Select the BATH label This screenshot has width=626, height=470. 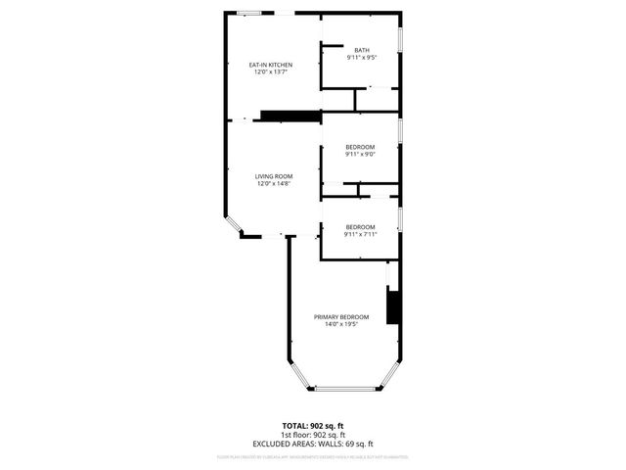coord(362,51)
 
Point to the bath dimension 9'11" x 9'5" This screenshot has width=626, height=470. coord(362,58)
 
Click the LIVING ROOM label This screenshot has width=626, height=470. coord(274,176)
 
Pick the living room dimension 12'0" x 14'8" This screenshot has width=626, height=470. coord(274,183)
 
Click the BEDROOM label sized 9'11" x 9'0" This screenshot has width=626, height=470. coord(360,147)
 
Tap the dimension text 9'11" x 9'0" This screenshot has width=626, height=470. coord(360,154)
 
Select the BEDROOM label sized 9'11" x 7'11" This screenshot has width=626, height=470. coord(360,227)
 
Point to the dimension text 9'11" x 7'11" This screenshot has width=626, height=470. coord(360,234)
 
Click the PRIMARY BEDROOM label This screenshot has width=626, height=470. coord(341,316)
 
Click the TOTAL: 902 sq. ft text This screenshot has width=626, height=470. coord(308,426)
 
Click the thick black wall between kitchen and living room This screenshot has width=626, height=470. coord(291,116)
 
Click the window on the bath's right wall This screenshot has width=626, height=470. coord(400,39)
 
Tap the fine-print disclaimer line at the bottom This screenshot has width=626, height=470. coord(313,456)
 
